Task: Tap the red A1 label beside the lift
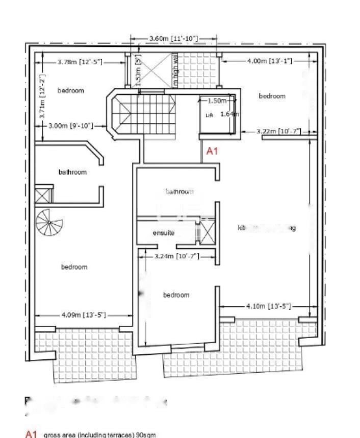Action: pyautogui.click(x=212, y=151)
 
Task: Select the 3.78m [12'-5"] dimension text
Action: pyautogui.click(x=80, y=62)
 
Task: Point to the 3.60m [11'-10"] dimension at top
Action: pyautogui.click(x=173, y=38)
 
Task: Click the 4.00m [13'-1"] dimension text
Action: pyautogui.click(x=264, y=61)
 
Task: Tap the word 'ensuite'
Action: pyautogui.click(x=164, y=233)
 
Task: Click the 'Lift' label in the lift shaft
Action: pyautogui.click(x=209, y=115)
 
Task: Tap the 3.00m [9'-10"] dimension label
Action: pyautogui.click(x=70, y=125)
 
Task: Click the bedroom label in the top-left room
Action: pyautogui.click(x=70, y=91)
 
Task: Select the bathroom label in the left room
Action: pyautogui.click(x=72, y=172)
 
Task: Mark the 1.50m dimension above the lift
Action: pyautogui.click(x=217, y=101)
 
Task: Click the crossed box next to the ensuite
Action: pyautogui.click(x=207, y=231)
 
